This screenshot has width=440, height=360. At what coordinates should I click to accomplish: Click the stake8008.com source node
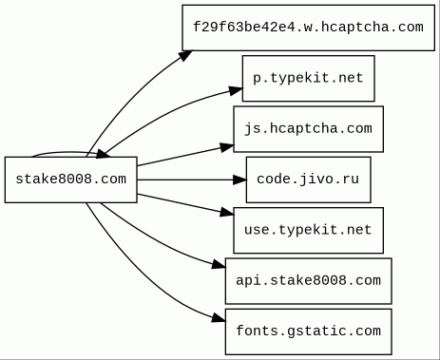click(71, 180)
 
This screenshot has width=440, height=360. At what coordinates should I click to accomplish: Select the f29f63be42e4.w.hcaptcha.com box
click(308, 28)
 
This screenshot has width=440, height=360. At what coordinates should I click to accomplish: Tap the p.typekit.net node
click(308, 78)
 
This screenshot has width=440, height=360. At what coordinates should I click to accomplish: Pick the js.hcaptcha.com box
click(308, 129)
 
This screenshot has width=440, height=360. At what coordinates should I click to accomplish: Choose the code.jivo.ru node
click(308, 180)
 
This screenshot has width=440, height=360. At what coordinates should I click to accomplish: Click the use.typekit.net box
click(308, 230)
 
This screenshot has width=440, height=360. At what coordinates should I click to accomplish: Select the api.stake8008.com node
click(308, 281)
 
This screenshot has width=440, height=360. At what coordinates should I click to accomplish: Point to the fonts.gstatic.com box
click(308, 332)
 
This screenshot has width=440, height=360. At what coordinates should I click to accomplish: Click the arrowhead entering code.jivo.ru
click(239, 180)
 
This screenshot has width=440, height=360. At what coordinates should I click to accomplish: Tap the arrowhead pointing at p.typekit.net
click(236, 90)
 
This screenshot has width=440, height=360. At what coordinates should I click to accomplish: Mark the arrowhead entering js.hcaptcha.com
click(227, 147)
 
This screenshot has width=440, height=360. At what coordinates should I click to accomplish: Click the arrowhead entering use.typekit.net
click(227, 212)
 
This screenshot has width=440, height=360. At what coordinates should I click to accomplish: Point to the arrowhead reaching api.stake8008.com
click(219, 264)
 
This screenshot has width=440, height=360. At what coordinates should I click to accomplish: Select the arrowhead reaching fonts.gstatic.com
click(219, 318)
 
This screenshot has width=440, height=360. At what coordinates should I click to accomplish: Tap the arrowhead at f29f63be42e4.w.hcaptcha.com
click(185, 55)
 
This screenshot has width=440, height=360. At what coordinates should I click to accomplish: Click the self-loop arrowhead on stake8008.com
click(103, 154)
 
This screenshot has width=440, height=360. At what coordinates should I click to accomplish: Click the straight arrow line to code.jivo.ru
click(185, 180)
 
